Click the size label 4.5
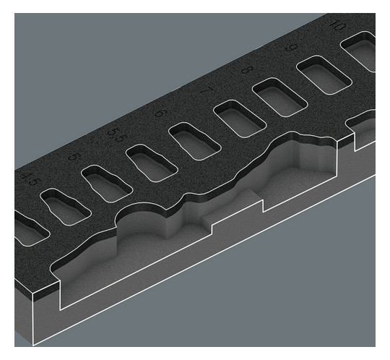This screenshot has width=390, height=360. (x=29, y=177)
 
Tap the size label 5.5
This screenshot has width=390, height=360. (x=116, y=134)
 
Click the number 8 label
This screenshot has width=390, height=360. (x=248, y=71)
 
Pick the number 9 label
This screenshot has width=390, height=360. (x=291, y=49)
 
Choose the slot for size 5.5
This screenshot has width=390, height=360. (x=150, y=162)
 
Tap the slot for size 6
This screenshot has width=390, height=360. (x=194, y=140)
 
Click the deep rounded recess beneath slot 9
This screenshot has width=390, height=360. (x=303, y=173)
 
